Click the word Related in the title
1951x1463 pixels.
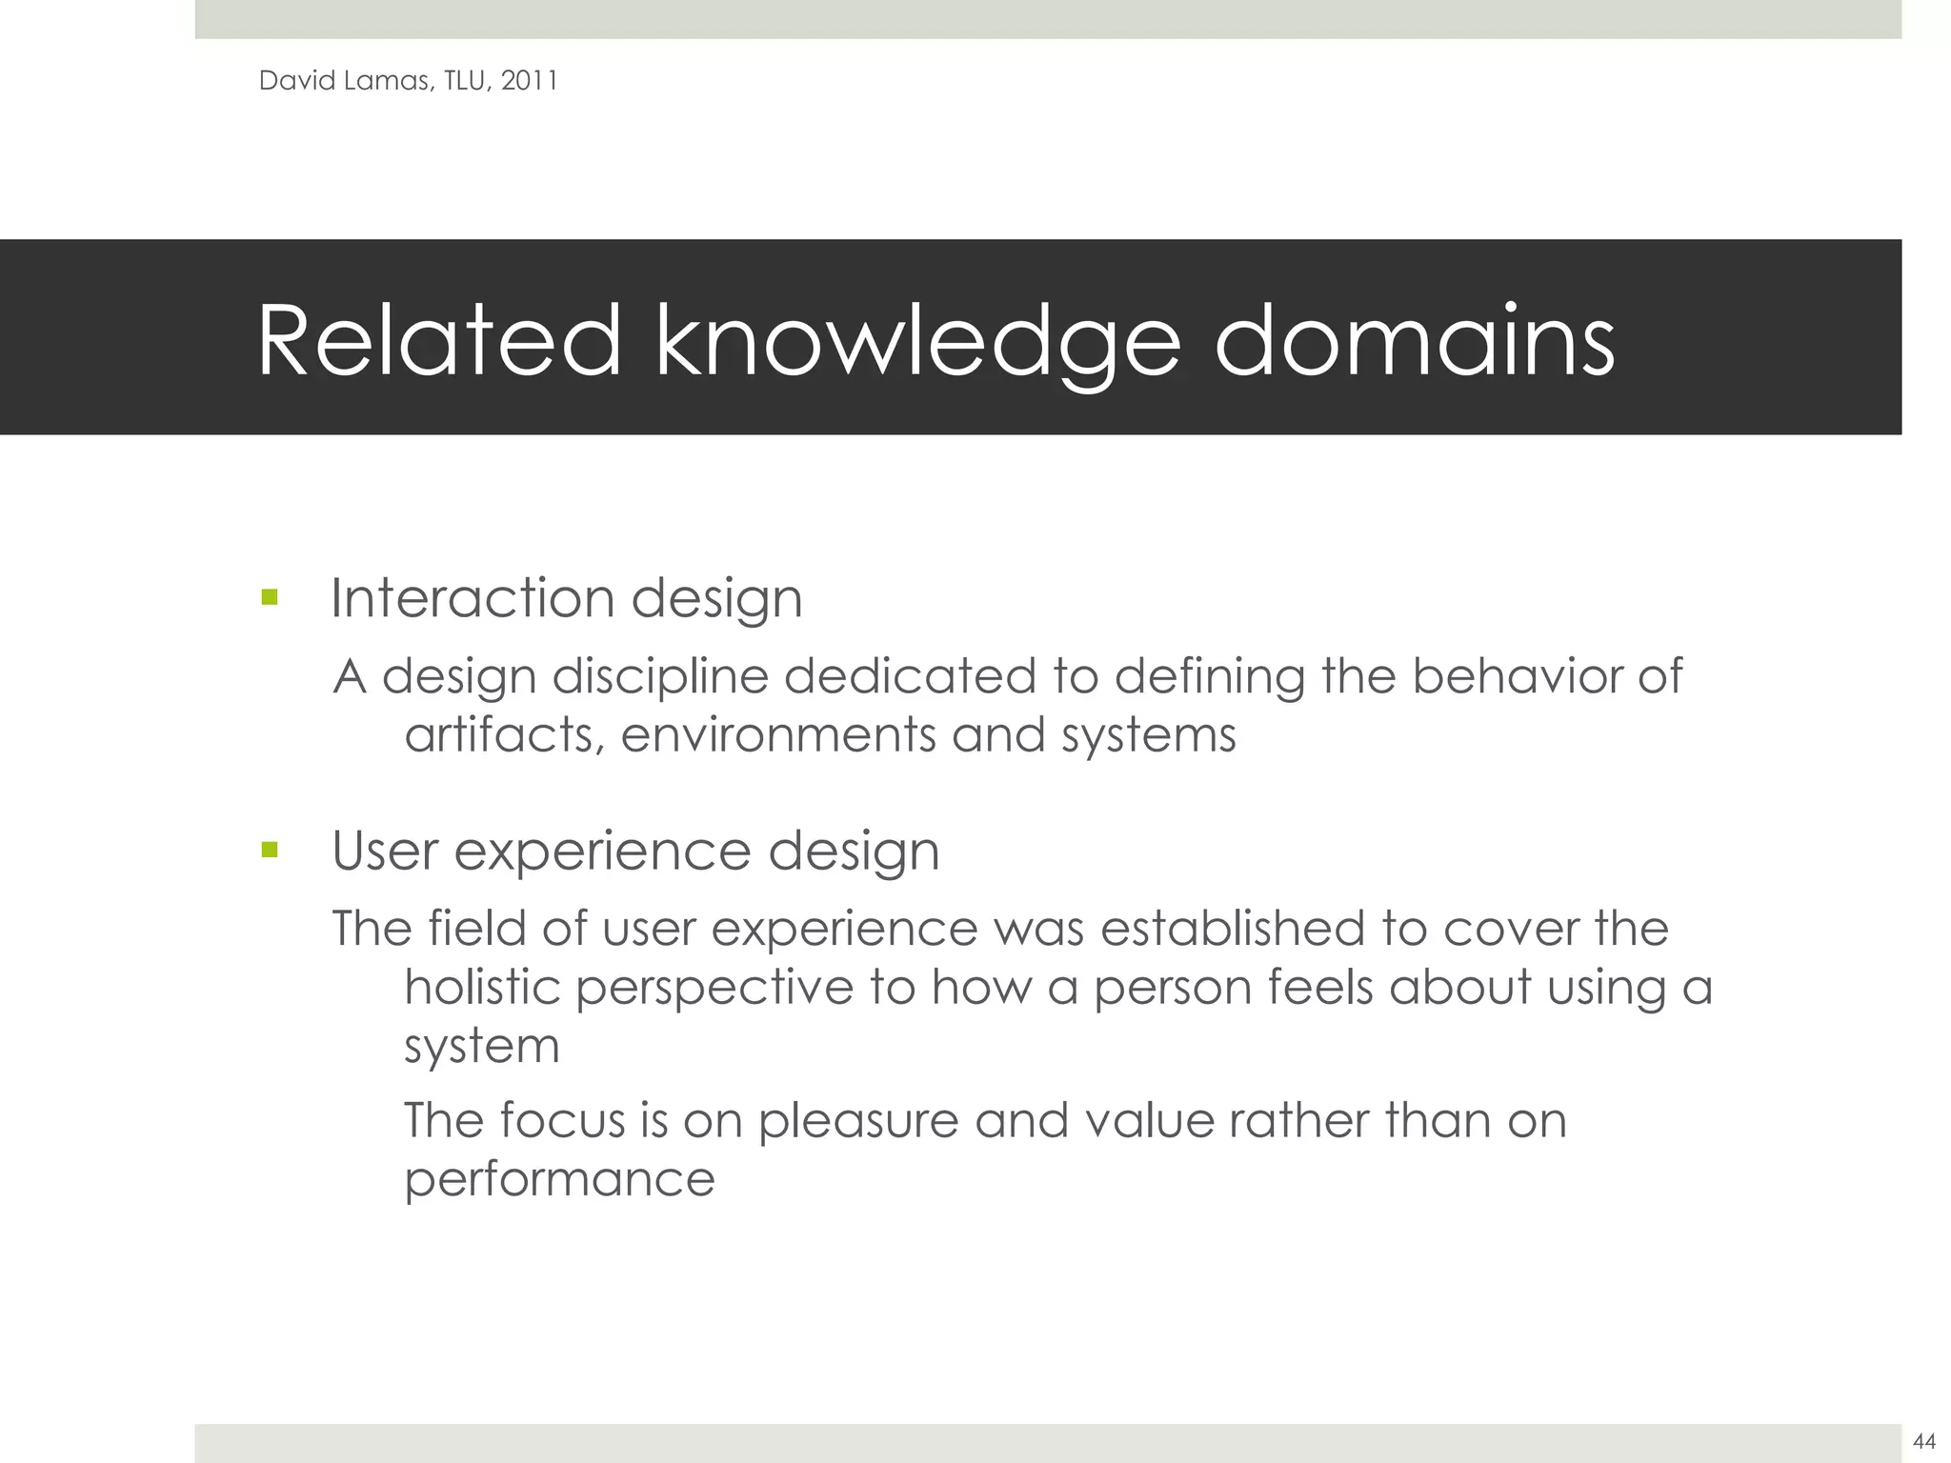click(439, 340)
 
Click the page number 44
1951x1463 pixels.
click(1923, 1442)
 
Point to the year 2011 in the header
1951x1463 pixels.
click(529, 81)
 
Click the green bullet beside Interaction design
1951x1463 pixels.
click(270, 599)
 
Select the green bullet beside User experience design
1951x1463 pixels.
click(270, 850)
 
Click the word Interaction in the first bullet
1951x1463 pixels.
click(473, 598)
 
